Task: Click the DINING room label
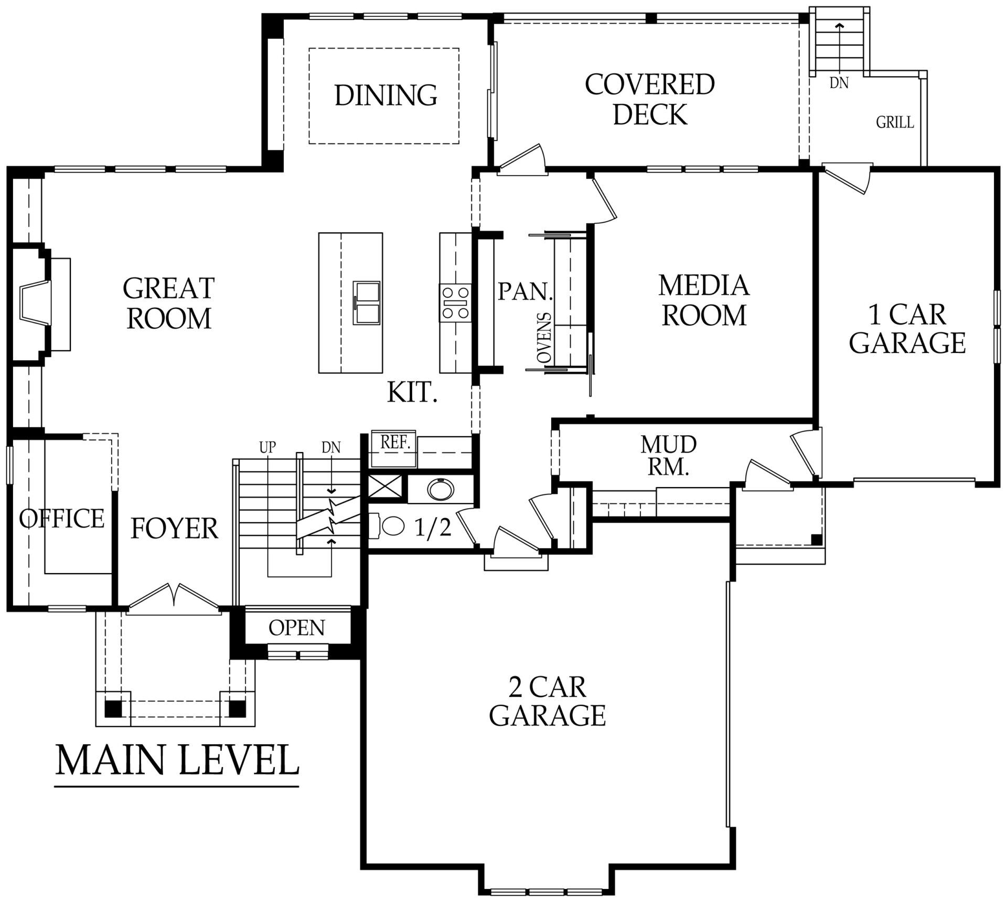[385, 95]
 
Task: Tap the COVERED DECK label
[650, 99]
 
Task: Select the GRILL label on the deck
[895, 123]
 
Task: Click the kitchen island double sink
[367, 303]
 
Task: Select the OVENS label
[545, 338]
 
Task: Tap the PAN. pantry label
[525, 291]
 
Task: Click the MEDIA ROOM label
[704, 300]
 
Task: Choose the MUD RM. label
[668, 455]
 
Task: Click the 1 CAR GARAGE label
[907, 329]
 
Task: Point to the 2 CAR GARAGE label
[547, 701]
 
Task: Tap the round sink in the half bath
[440, 489]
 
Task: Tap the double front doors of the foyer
[174, 597]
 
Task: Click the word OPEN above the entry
[296, 628]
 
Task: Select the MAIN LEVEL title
[177, 760]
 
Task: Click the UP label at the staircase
[267, 448]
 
